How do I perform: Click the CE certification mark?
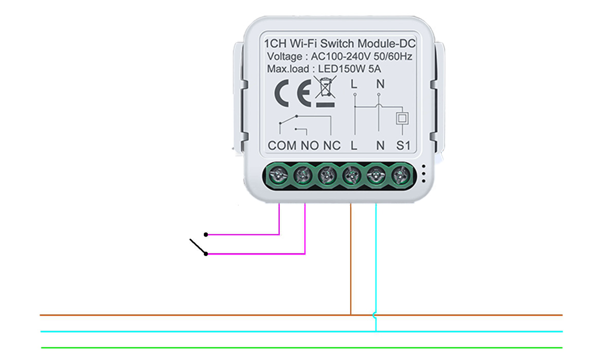[x=293, y=93]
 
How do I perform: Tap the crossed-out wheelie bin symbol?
[x=325, y=92]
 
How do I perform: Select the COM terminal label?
[x=282, y=146]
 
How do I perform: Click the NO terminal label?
[x=309, y=146]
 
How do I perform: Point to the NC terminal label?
[x=332, y=146]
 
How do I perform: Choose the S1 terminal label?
[x=403, y=146]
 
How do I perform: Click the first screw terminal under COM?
[x=278, y=175]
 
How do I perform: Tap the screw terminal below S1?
[x=400, y=175]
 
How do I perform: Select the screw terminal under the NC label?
[x=327, y=175]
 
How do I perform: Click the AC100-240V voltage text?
[x=341, y=57]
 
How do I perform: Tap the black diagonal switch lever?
[x=198, y=246]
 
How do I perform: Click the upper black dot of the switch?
[x=206, y=235]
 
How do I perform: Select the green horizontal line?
[x=302, y=348]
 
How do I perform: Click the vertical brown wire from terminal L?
[x=350, y=259]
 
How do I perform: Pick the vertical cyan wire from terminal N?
[x=376, y=267]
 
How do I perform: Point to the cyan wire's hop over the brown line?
[x=375, y=315]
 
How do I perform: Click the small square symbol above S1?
[x=402, y=118]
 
